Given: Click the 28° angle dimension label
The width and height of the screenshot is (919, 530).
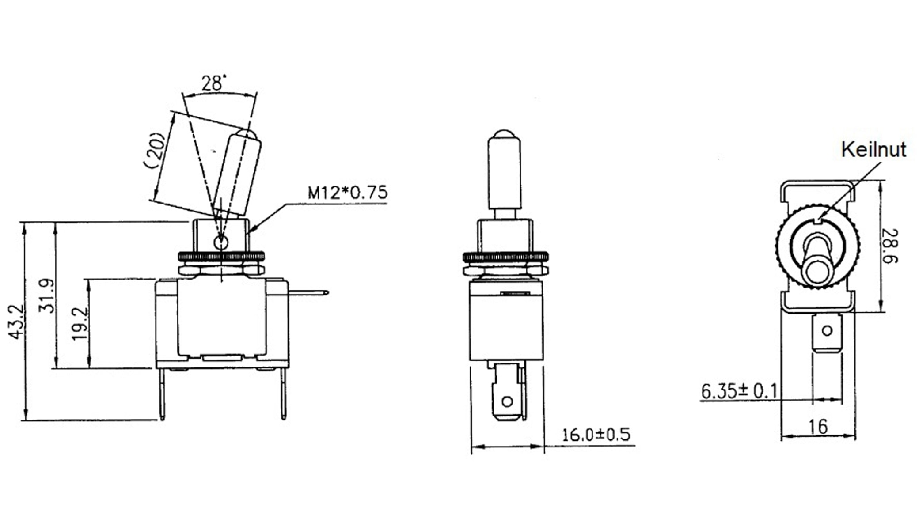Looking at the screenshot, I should [x=213, y=83].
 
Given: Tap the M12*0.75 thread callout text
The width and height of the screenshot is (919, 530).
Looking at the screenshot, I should [x=347, y=193].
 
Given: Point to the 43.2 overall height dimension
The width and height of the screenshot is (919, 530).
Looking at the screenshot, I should [x=16, y=322].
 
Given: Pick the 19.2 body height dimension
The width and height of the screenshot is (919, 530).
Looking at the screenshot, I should [x=80, y=324].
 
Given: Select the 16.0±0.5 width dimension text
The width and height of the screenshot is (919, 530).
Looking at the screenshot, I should [x=596, y=435].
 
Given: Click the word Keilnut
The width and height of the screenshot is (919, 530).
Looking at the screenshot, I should [x=873, y=150].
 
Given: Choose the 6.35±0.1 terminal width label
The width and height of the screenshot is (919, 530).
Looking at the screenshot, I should [x=739, y=391].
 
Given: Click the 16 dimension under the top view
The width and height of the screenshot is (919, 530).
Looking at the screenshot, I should [x=817, y=427].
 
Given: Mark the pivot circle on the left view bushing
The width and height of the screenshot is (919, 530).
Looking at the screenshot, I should [x=220, y=242].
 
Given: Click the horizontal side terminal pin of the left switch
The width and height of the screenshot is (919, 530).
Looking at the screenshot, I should [x=308, y=292].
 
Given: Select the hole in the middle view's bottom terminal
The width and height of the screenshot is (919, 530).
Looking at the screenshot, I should [x=507, y=401].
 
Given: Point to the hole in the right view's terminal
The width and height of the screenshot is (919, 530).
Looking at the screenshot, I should [x=827, y=330].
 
